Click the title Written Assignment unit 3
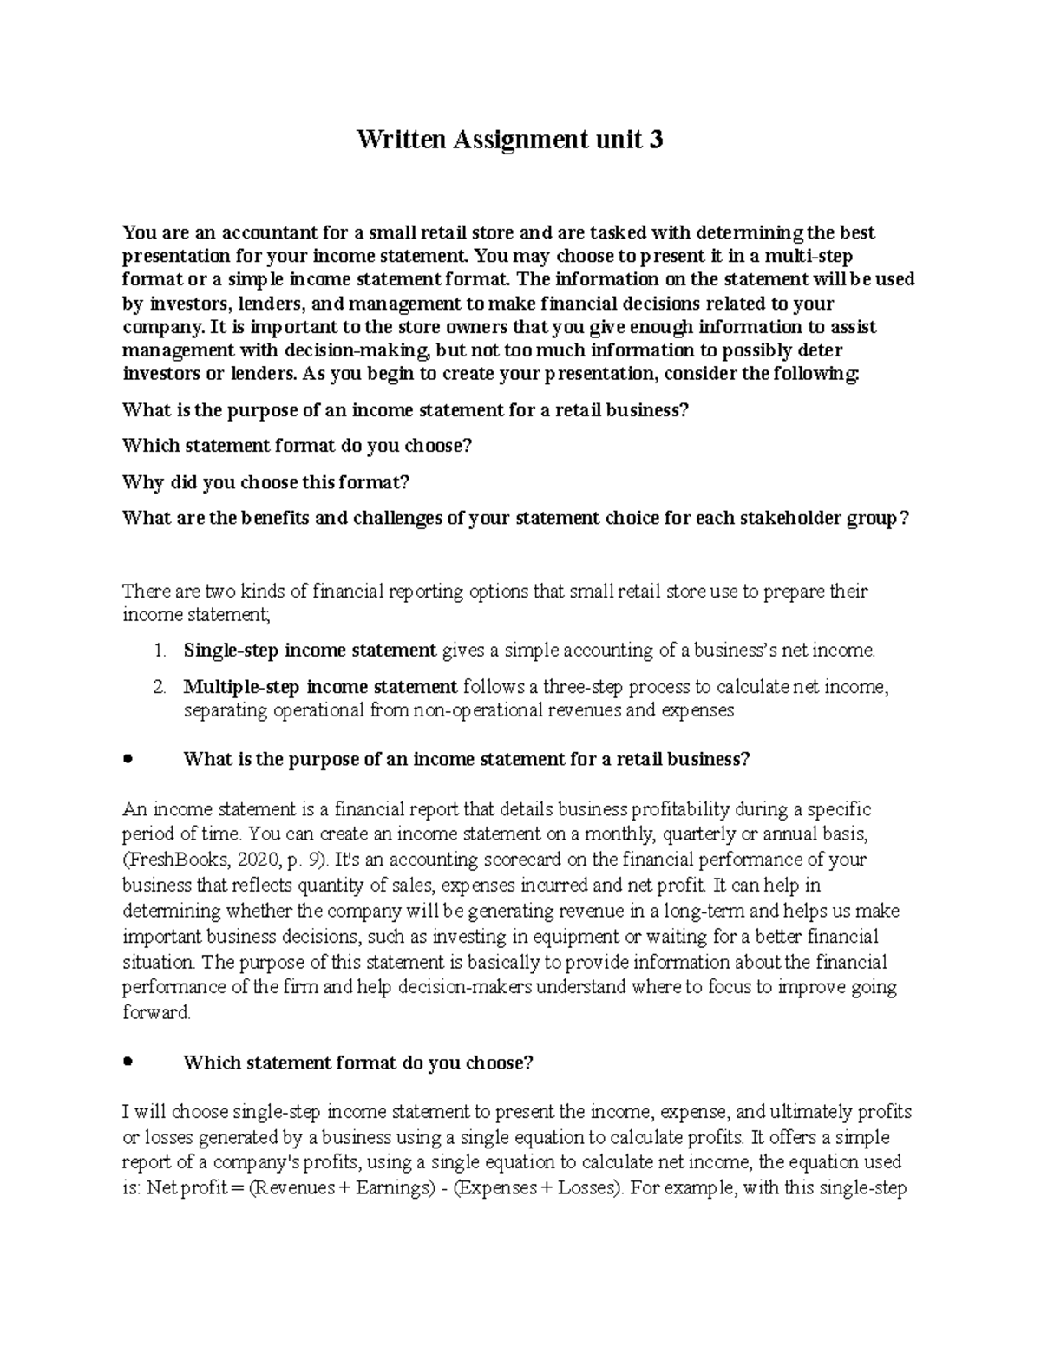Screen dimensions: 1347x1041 click(510, 141)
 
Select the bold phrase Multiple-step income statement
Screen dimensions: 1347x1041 click(320, 688)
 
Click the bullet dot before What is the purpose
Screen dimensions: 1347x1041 click(128, 759)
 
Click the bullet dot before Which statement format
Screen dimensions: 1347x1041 click(128, 1062)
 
